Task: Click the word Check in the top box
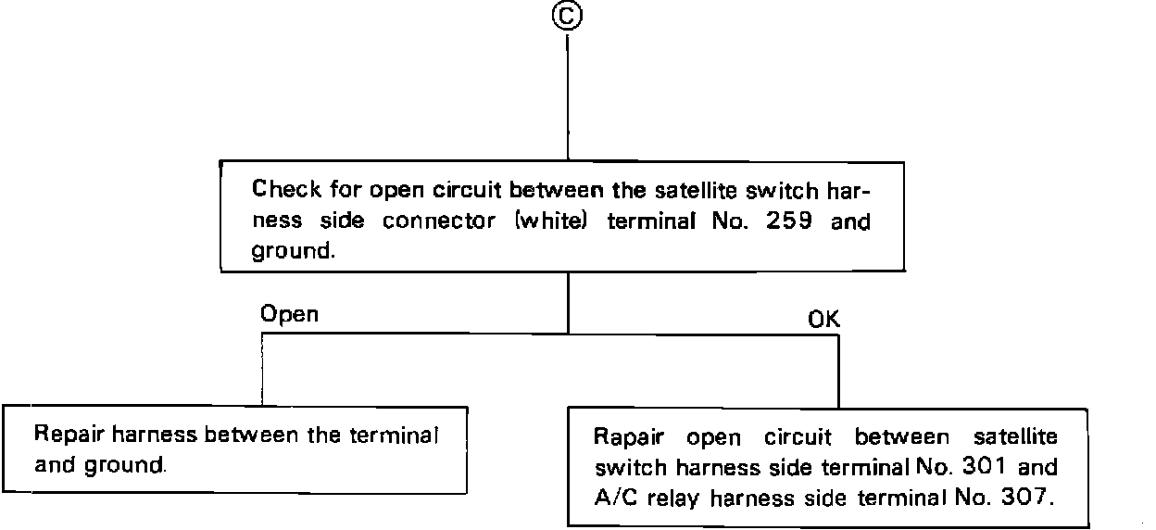pyautogui.click(x=287, y=192)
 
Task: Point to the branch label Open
pyautogui.click(x=289, y=314)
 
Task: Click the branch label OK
pyautogui.click(x=823, y=320)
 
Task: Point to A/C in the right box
pyautogui.click(x=614, y=498)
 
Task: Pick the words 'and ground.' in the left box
pyautogui.click(x=100, y=464)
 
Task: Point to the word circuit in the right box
pyautogui.click(x=798, y=436)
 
